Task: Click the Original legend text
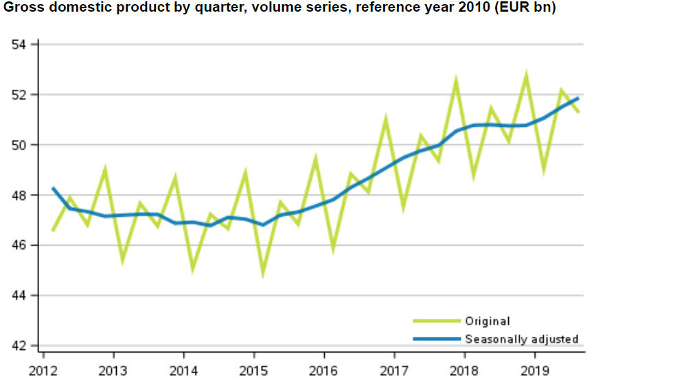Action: coord(488,321)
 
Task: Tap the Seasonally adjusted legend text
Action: coord(522,339)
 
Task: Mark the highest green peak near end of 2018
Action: coord(526,75)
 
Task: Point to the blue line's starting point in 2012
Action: coord(53,188)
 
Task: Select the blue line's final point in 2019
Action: coord(578,99)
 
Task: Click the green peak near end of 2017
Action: coord(456,81)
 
